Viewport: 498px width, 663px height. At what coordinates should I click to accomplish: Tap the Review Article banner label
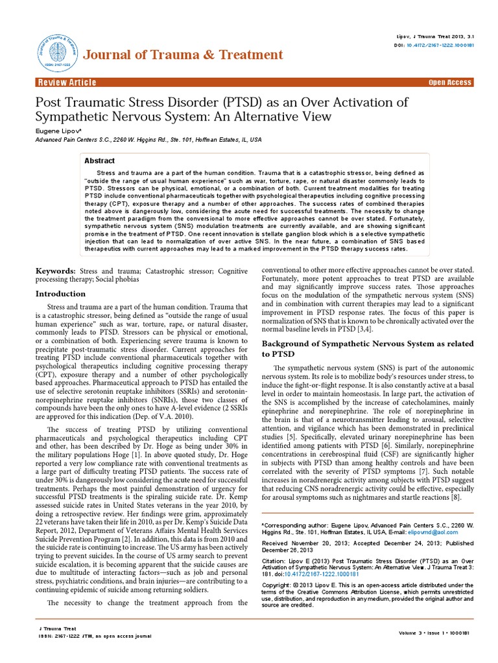[67, 82]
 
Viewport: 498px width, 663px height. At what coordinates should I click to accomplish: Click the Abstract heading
[101, 161]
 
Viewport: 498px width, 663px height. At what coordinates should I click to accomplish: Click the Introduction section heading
[60, 293]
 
